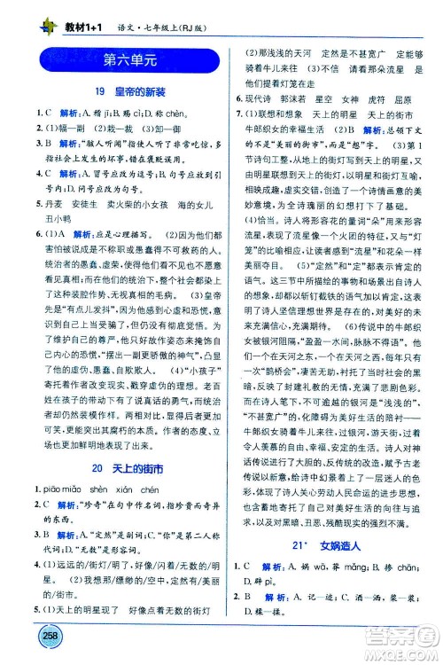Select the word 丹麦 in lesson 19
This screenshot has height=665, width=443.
click(51, 201)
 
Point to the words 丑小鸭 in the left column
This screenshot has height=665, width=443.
click(53, 217)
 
